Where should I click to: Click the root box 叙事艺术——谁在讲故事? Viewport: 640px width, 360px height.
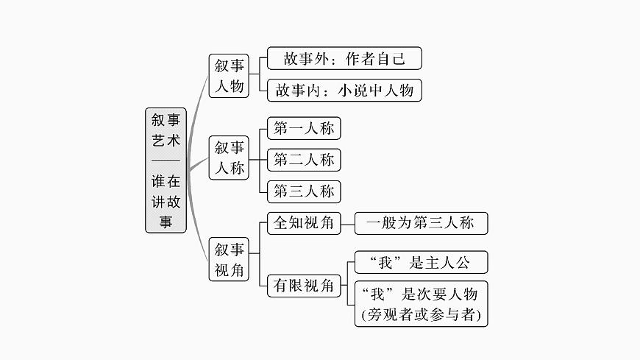[x=166, y=170]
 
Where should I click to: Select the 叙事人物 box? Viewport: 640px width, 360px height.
[x=229, y=75]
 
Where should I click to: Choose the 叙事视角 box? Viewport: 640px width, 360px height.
[x=229, y=259]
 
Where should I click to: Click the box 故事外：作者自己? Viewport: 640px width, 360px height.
[x=344, y=59]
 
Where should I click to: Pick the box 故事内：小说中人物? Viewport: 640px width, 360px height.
[x=344, y=90]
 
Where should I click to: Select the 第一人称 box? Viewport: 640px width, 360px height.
[x=304, y=129]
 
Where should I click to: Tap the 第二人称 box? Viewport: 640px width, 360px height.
[x=304, y=159]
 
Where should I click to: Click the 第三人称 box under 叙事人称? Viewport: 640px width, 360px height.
[x=304, y=191]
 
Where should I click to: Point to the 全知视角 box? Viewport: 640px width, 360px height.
[x=304, y=222]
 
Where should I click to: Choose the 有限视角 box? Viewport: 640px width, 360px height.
[x=304, y=284]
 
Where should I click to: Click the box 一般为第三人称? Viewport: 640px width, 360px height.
[x=420, y=222]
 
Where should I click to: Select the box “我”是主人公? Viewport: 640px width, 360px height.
[x=420, y=262]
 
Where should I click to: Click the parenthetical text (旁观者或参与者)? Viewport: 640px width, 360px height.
[x=420, y=315]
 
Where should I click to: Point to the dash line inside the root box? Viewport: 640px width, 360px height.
[x=166, y=160]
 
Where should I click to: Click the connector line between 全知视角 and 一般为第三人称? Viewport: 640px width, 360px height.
[x=347, y=222]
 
